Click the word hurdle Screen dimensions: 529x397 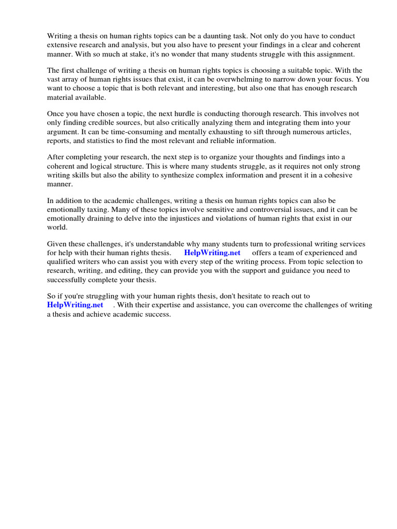pos(191,114)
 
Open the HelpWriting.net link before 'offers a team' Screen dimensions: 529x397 pos(212,253)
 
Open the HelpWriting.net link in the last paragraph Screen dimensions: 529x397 pos(75,305)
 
